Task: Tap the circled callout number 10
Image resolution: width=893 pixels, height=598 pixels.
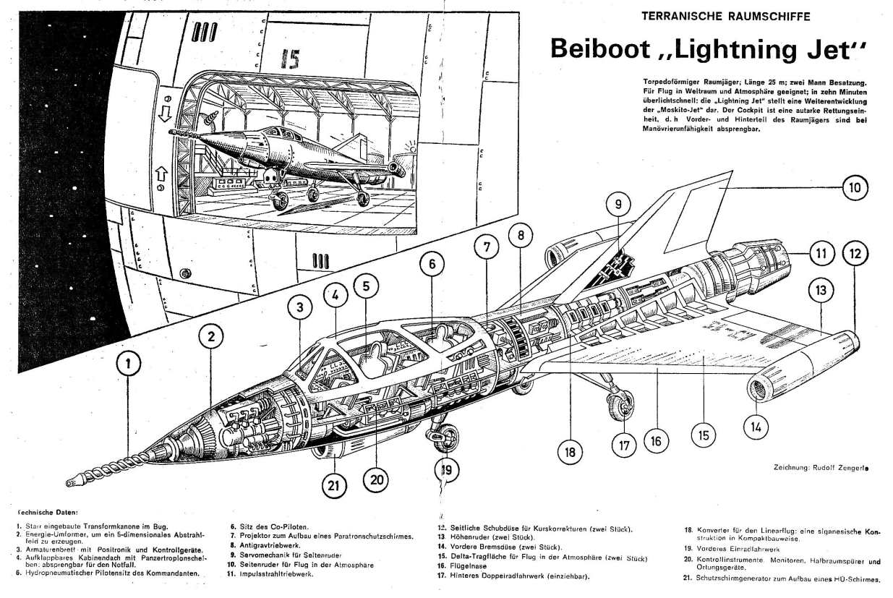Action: click(854, 188)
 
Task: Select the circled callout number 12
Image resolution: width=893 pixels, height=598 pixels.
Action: click(855, 253)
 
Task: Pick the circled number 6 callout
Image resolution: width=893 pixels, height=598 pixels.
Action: click(432, 265)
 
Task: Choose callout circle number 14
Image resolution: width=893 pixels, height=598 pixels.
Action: click(756, 427)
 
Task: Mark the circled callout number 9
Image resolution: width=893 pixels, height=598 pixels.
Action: click(618, 204)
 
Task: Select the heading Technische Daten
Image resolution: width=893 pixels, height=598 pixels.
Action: click(48, 511)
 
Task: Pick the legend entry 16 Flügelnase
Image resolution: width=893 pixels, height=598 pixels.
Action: click(469, 567)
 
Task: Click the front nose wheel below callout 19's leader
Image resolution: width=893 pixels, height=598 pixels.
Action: click(448, 436)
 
